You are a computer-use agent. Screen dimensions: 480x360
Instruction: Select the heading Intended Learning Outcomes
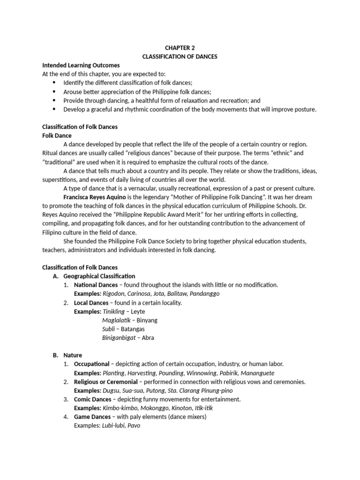(x=81, y=65)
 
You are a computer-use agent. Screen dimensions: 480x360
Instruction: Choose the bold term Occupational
(x=92, y=364)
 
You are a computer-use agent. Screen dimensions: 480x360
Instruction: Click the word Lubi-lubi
(x=113, y=426)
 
